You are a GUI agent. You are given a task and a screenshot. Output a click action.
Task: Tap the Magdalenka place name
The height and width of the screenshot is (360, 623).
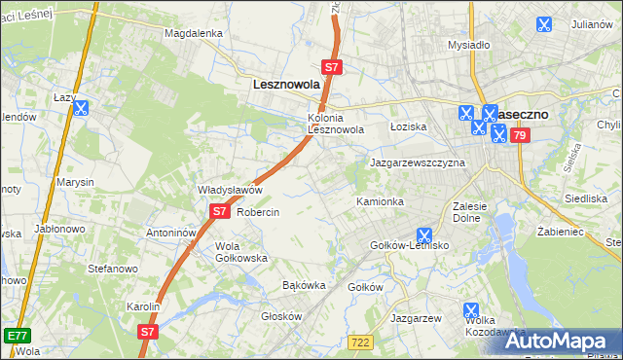coord(194,32)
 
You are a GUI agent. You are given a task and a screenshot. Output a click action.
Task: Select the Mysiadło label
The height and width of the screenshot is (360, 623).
coord(468,45)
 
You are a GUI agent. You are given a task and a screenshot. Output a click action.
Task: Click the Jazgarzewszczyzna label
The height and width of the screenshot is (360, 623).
coord(417,162)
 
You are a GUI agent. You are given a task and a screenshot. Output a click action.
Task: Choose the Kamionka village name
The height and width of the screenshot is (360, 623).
coord(380,201)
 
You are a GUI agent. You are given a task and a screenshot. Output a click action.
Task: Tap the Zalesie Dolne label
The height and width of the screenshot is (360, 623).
coord(475,212)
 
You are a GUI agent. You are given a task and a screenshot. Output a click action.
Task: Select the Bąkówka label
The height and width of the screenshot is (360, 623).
coord(303,286)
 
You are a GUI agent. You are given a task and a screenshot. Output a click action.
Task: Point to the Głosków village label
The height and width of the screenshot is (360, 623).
coord(283,316)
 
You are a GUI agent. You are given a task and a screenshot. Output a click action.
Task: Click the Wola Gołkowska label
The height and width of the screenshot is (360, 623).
coord(241,252)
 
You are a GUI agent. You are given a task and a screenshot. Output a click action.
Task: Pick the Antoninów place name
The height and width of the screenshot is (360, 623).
coord(171,234)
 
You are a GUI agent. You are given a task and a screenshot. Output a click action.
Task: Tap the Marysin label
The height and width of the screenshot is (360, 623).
coord(75,182)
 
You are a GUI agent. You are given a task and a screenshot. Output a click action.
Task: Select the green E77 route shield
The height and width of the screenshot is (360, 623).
coord(16,336)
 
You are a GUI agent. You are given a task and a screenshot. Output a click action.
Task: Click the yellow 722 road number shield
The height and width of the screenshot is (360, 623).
coord(359,341)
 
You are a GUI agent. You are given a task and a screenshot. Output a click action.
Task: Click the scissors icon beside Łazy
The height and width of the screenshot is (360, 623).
coord(82,110)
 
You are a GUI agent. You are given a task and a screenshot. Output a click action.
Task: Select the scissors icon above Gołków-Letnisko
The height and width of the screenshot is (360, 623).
coord(424,234)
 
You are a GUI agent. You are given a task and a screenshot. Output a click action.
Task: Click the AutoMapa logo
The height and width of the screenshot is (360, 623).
coord(560,341)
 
